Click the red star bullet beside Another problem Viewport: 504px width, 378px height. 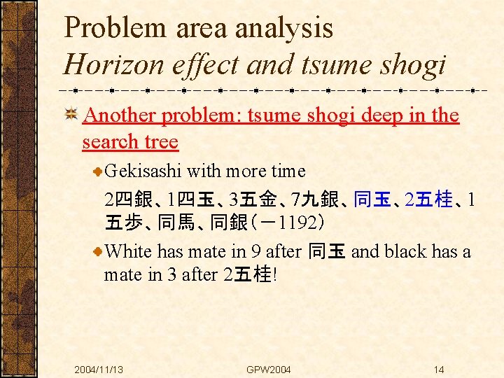tap(70, 114)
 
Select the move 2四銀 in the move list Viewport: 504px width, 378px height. tap(128, 200)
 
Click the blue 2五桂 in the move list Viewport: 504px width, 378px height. tap(429, 200)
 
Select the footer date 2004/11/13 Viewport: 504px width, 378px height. tap(99, 369)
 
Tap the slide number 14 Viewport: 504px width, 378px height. tap(438, 369)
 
